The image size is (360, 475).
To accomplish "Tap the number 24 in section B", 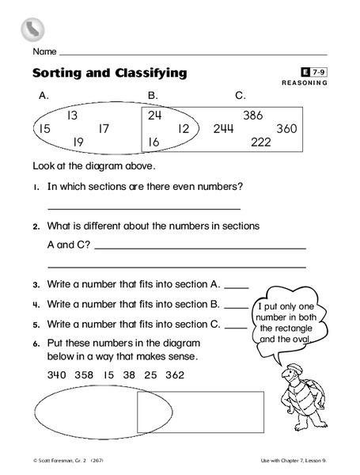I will pyautogui.click(x=154, y=115).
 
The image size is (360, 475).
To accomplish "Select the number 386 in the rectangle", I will pyautogui.click(x=253, y=116).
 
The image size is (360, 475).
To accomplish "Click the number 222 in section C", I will pyautogui.click(x=261, y=142).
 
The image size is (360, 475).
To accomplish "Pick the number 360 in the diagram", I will pyautogui.click(x=286, y=129).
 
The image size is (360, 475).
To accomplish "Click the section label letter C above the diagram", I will pyautogui.click(x=241, y=97).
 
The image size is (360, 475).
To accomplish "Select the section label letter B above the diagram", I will pyautogui.click(x=153, y=97).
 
